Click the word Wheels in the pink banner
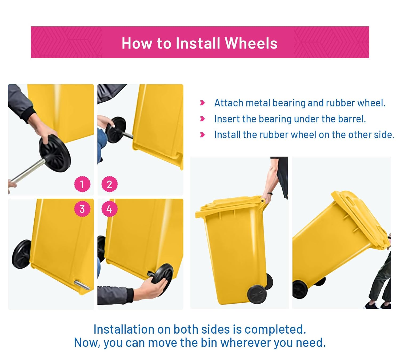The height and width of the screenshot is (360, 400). coord(251,43)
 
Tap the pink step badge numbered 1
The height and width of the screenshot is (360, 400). coord(82,184)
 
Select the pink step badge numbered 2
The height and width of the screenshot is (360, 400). coord(110,184)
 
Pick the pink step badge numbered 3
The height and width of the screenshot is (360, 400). coord(82,209)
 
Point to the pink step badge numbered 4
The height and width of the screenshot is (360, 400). coord(110,209)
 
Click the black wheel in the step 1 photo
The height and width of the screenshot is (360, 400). coord(55,153)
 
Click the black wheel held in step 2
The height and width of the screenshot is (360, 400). coord(116,130)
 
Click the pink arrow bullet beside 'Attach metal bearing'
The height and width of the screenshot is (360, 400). coord(202,103)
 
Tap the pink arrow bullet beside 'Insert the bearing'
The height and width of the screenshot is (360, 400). coord(202,119)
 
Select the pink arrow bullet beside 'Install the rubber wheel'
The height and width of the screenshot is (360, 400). coord(202,135)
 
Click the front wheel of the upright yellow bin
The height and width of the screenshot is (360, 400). coord(257,294)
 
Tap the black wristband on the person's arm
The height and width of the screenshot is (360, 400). coord(270,193)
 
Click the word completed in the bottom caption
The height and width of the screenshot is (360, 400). coord(275,330)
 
